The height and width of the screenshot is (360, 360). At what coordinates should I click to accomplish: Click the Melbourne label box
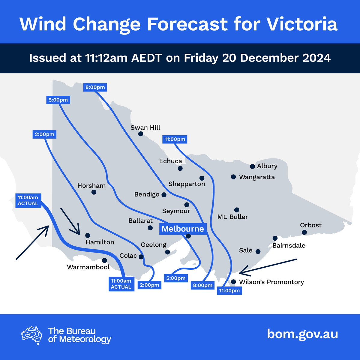(x=183, y=229)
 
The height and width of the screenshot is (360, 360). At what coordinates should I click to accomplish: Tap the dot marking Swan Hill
(x=140, y=134)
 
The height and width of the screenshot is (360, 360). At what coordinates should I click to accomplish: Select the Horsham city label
(x=91, y=186)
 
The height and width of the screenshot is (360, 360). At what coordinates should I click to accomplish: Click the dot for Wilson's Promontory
(x=233, y=282)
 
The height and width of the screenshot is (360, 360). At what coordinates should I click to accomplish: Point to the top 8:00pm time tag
(x=95, y=87)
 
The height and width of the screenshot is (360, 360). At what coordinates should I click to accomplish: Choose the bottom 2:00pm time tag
(x=149, y=285)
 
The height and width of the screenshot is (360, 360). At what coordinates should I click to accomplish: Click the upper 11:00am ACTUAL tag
(x=28, y=200)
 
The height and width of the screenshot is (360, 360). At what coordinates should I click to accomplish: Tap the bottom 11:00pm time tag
(x=229, y=290)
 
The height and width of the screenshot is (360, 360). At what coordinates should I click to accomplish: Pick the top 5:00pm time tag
(x=58, y=100)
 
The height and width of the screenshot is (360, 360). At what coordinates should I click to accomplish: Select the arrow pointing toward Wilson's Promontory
(x=268, y=266)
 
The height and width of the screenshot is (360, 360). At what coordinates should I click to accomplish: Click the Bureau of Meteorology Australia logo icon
(x=32, y=335)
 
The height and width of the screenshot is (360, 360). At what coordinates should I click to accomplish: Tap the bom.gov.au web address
(x=302, y=334)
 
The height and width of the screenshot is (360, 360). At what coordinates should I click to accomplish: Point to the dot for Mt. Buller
(x=237, y=210)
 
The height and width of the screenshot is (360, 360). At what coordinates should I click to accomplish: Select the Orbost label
(x=310, y=225)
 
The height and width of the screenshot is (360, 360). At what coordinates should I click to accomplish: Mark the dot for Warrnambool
(x=104, y=260)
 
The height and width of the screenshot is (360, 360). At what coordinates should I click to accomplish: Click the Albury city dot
(x=252, y=166)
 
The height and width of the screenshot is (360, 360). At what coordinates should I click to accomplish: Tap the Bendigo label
(x=147, y=194)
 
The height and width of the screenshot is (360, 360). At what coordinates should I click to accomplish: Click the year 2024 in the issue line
(x=316, y=58)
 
